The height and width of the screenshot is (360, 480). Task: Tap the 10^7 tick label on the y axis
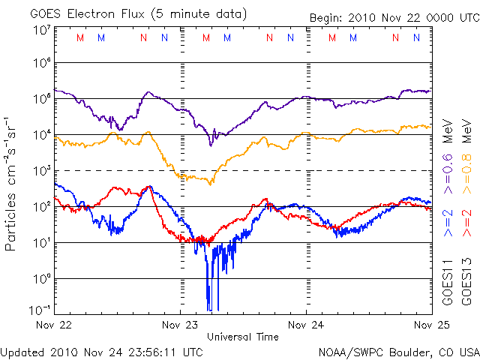tap(41, 30)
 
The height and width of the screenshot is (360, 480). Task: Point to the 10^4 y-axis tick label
tap(41, 135)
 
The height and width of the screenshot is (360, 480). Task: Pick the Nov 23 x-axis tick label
tap(181, 325)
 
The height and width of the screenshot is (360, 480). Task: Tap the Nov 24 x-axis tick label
tap(307, 325)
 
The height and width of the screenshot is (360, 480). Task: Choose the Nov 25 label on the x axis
tap(429, 325)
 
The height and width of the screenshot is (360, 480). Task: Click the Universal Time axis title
tap(243, 337)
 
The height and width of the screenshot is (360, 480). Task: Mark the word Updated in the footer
tap(22, 351)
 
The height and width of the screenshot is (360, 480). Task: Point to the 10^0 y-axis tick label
tap(41, 278)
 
